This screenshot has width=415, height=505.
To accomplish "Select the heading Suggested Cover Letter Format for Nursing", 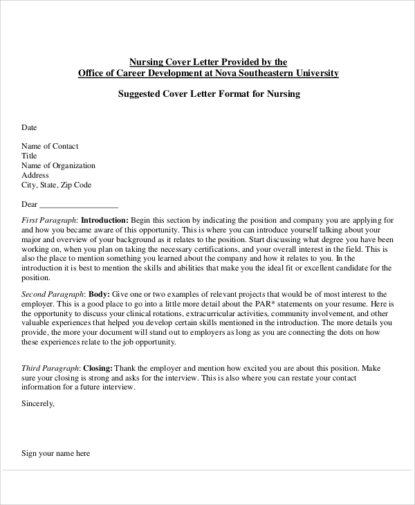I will [x=207, y=94].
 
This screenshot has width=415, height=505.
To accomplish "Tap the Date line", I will [x=29, y=127].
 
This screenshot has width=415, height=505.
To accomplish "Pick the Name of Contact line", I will [x=50, y=146].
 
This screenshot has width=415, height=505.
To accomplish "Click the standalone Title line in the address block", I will [x=29, y=156].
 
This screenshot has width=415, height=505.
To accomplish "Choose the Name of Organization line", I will [x=58, y=165].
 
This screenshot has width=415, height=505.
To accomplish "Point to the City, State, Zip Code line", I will [x=56, y=185].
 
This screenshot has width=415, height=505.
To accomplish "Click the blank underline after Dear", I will [x=79, y=205].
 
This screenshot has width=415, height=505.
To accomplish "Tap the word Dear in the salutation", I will [x=29, y=205].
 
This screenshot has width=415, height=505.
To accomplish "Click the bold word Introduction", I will [x=104, y=219].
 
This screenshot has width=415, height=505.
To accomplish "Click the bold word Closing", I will [x=98, y=369].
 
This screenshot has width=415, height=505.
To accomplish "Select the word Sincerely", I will [x=38, y=403].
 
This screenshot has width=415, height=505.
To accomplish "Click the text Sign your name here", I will [x=55, y=454].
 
